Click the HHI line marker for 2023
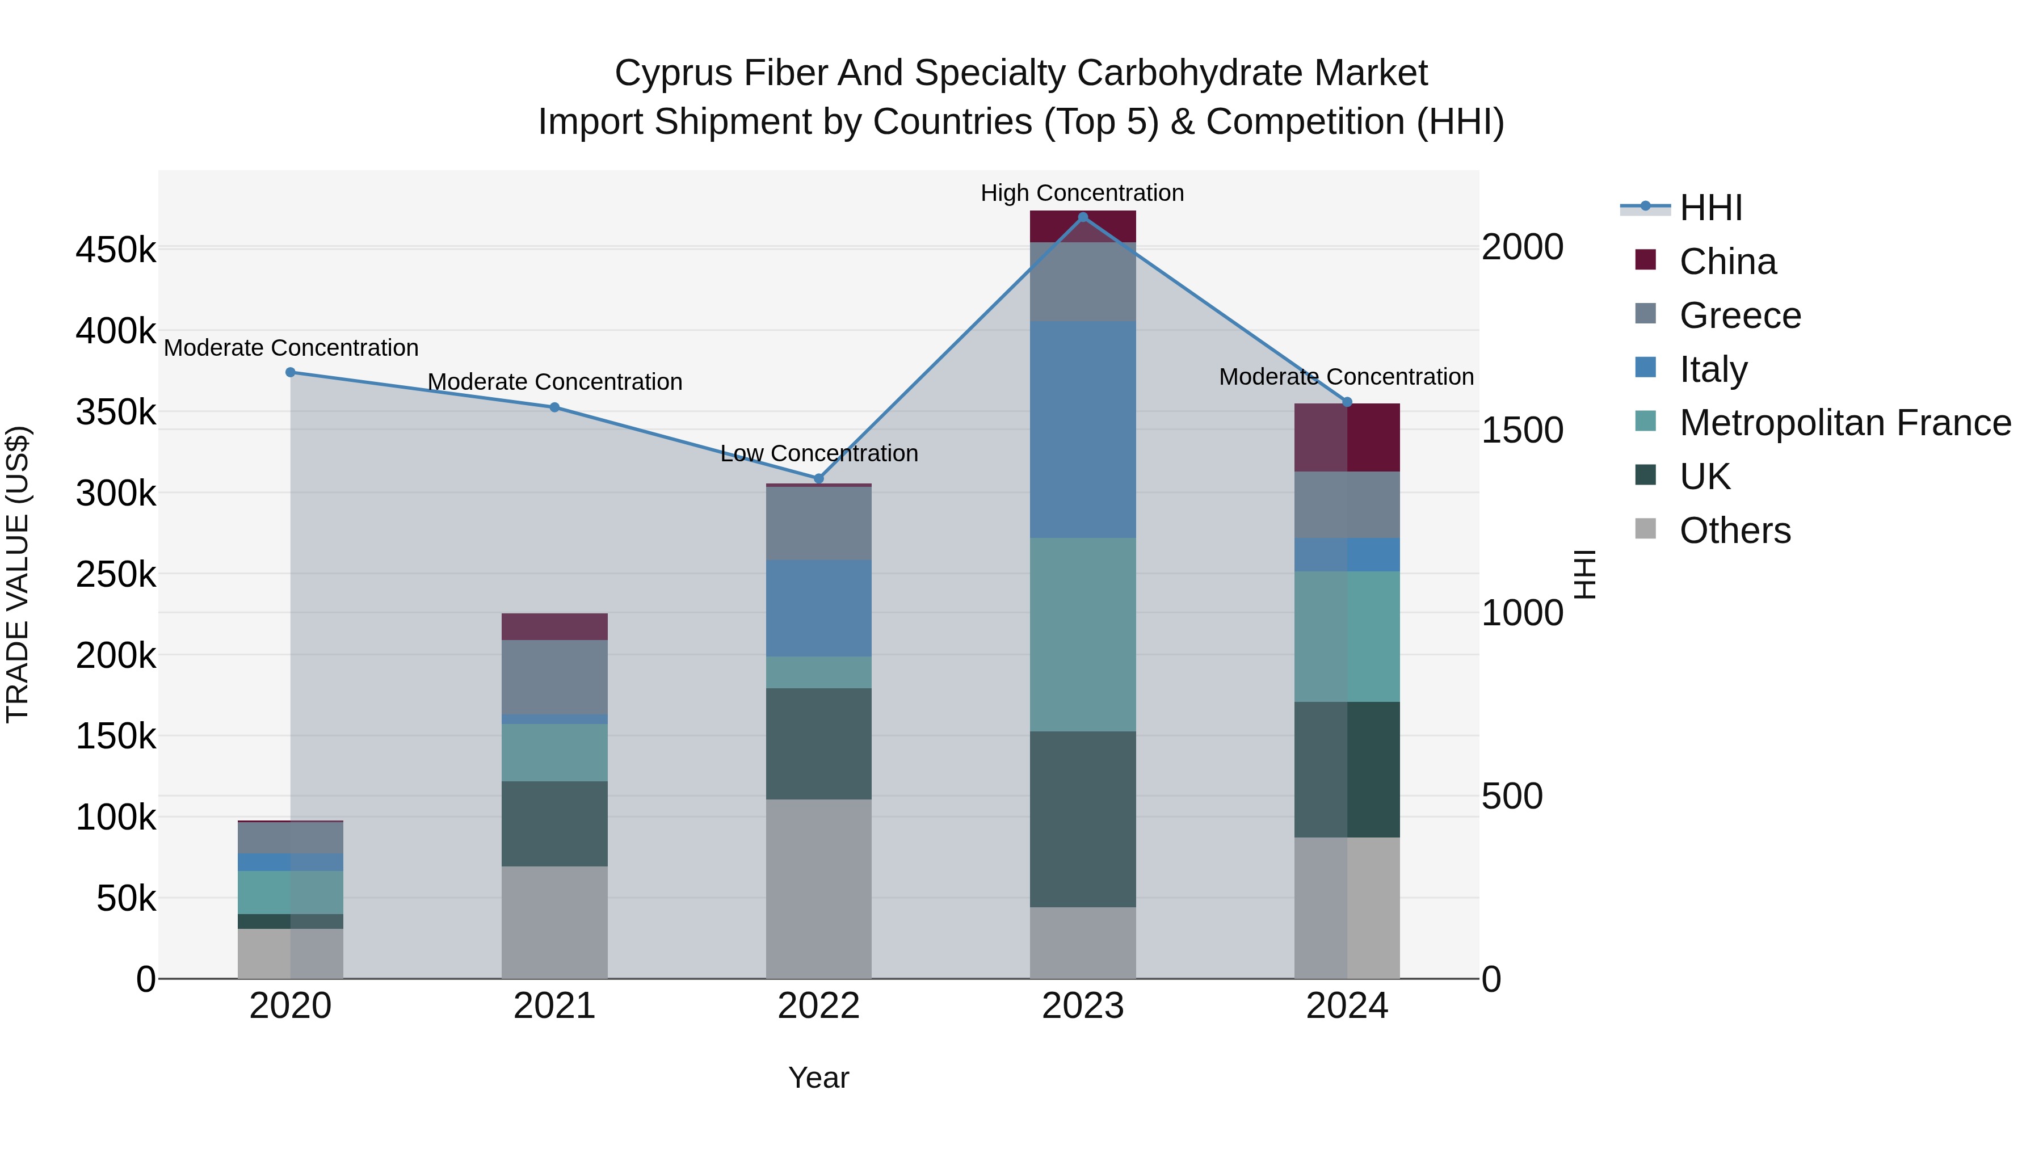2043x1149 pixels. click(1083, 217)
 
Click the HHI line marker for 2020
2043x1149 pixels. click(290, 372)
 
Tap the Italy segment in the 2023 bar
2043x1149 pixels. click(1083, 429)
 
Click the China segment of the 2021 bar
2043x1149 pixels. click(554, 626)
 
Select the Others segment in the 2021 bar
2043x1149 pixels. click(554, 921)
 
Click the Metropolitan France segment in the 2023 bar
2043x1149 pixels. click(1083, 634)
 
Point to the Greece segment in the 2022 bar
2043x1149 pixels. click(818, 523)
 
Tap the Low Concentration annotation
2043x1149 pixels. click(818, 453)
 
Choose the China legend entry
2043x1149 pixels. click(1727, 262)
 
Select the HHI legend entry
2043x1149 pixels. click(1710, 208)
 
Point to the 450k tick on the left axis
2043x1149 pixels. click(116, 251)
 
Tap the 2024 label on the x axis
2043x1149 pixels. click(1347, 1006)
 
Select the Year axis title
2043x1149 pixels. click(818, 1078)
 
